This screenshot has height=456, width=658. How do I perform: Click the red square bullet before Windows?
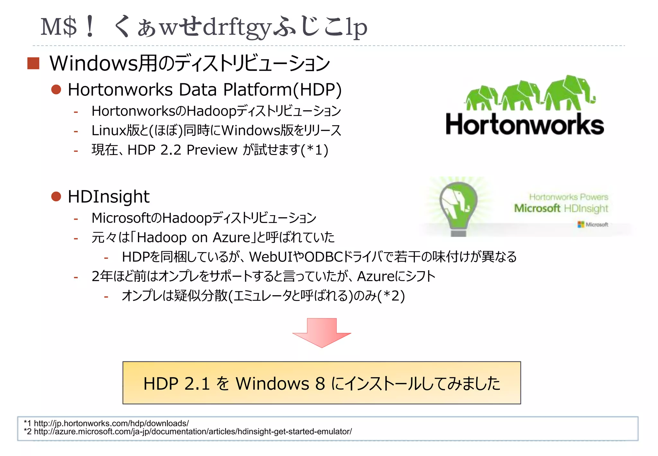click(33, 63)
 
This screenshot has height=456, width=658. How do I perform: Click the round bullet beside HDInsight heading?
click(56, 196)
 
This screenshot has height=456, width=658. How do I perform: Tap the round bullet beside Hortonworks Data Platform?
click(56, 89)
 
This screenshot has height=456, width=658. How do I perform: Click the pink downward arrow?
click(322, 333)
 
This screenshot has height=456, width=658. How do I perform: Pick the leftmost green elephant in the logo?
click(481, 98)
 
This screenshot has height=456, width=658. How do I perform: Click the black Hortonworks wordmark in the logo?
click(525, 124)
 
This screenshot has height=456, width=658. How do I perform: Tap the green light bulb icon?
click(458, 207)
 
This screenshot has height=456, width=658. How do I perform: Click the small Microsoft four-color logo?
click(581, 224)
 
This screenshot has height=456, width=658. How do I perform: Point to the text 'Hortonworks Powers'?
click(568, 197)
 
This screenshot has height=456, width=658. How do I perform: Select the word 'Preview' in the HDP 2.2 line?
click(212, 150)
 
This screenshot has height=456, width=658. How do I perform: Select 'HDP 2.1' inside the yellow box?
click(176, 384)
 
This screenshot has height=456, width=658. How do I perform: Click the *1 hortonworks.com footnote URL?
click(111, 423)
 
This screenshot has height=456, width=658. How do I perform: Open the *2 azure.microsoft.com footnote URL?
click(193, 432)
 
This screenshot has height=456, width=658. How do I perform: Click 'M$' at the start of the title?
click(59, 27)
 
